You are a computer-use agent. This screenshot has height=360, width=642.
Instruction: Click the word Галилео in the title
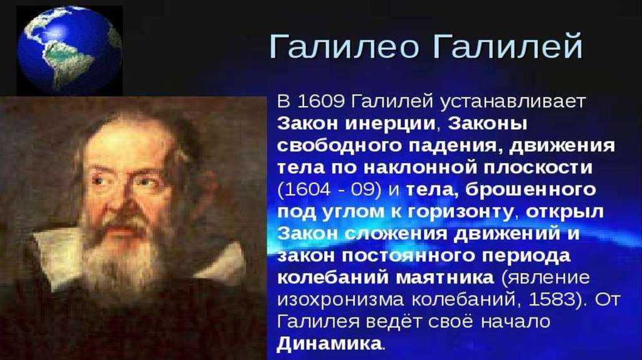tap(344, 46)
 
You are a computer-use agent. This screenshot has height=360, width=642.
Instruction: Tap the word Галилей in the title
tap(508, 46)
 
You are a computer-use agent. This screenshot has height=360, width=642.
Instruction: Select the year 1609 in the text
tap(322, 102)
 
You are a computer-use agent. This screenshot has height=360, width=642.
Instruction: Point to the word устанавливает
tap(513, 102)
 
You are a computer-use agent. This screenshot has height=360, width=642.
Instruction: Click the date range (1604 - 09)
tap(329, 189)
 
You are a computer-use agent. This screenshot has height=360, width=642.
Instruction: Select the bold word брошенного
tap(530, 189)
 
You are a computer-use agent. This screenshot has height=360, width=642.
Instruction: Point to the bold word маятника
tap(445, 278)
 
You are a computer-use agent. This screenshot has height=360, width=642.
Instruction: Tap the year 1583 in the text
tap(552, 299)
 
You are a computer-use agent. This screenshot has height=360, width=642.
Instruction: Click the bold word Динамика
tap(329, 343)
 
